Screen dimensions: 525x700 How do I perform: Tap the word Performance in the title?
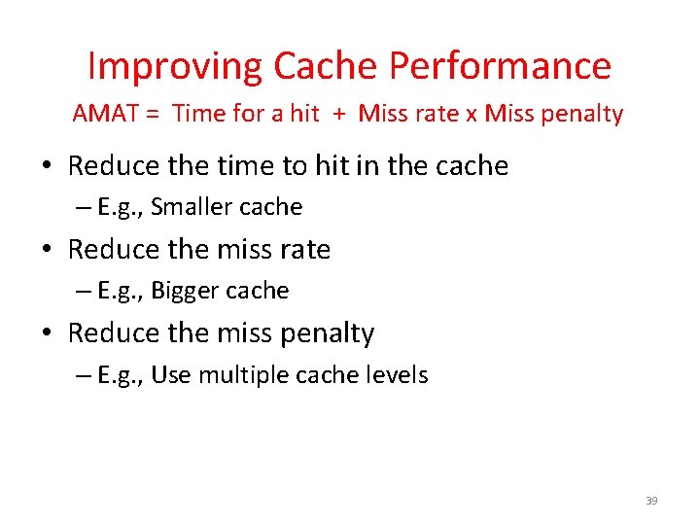click(x=500, y=66)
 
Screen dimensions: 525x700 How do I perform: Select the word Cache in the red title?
click(x=326, y=66)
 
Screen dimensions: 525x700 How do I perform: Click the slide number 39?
click(x=651, y=501)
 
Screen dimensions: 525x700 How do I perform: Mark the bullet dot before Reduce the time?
click(x=47, y=166)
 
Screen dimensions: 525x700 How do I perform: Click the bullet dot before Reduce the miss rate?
click(x=47, y=250)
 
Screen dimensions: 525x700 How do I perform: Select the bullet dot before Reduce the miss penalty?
click(x=47, y=333)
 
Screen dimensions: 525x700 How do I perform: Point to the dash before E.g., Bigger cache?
click(x=83, y=292)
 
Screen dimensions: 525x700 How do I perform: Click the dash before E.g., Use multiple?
click(x=83, y=375)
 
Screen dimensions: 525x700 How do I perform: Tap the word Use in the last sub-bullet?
click(x=171, y=374)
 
